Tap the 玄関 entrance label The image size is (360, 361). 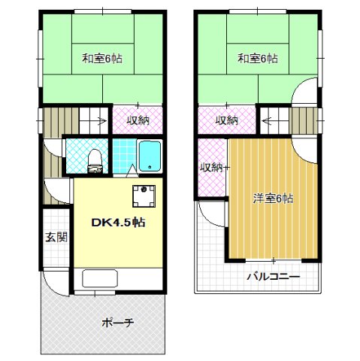[x=56, y=237]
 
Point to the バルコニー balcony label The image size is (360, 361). [x=274, y=277]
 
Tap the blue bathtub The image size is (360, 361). [x=150, y=156]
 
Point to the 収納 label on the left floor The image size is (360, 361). [x=137, y=119]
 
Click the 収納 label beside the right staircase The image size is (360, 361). [x=226, y=119]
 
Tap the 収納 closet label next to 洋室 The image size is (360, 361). [x=212, y=167]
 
